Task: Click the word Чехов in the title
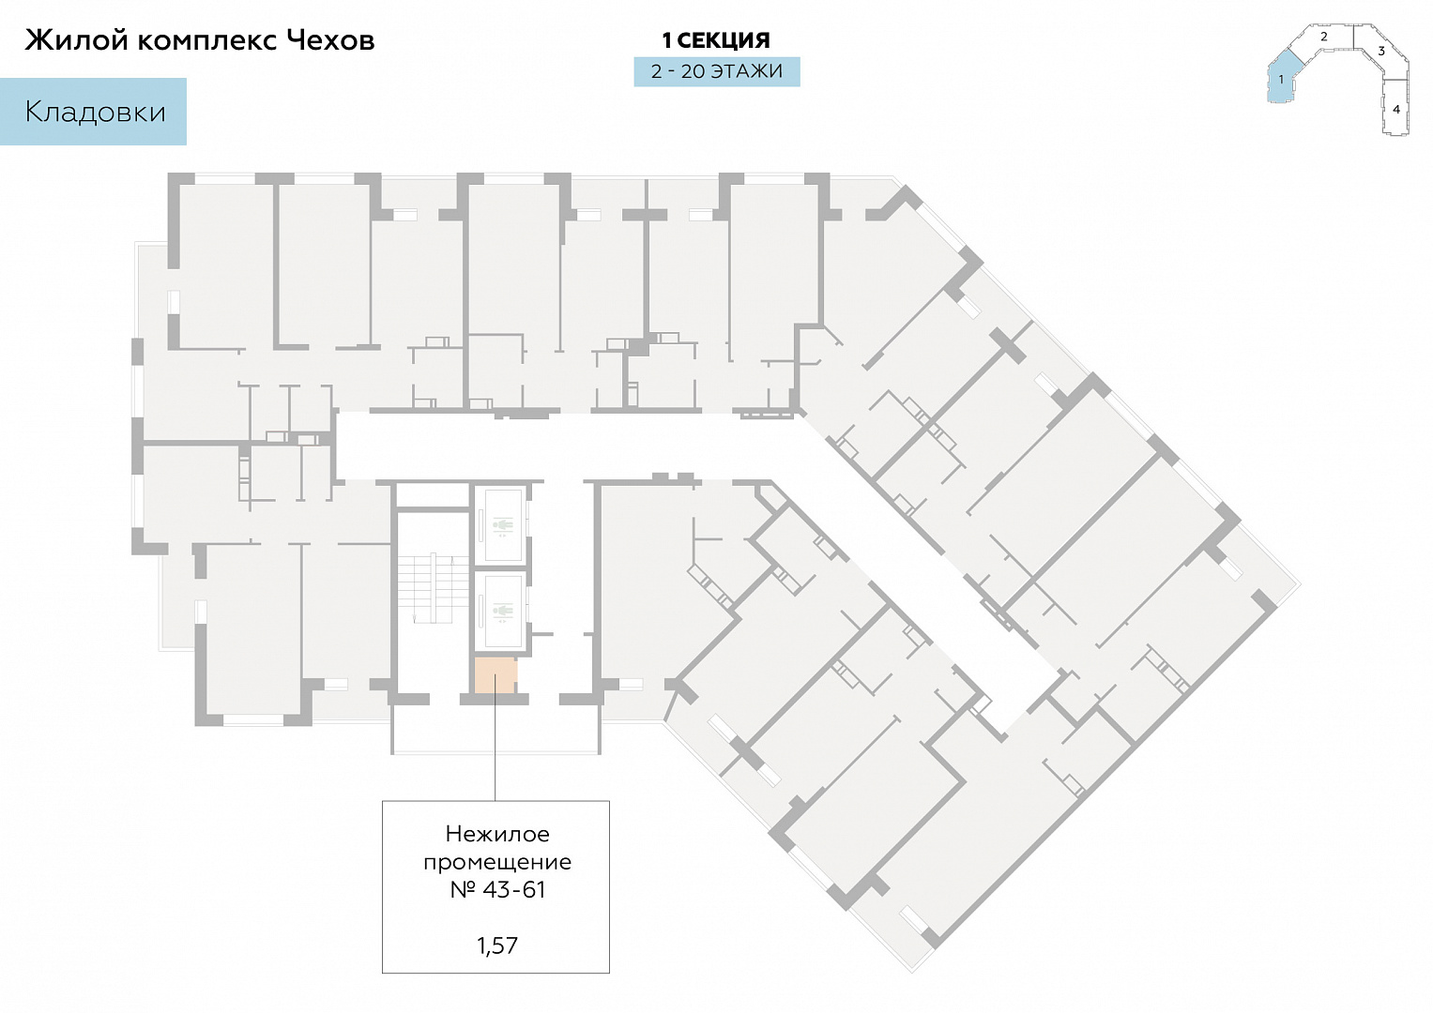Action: tap(330, 40)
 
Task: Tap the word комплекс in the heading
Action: tap(206, 41)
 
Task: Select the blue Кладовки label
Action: tap(94, 112)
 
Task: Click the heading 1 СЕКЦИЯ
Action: tap(716, 40)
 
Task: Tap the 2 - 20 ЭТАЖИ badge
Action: tap(717, 71)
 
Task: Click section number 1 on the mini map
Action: tap(1281, 80)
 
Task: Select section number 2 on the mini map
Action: tap(1323, 37)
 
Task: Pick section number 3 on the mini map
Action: tap(1381, 51)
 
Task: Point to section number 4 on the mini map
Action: tap(1395, 110)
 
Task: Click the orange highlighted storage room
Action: tap(495, 675)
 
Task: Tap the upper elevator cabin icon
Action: tap(501, 525)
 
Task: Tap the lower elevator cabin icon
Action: tap(501, 611)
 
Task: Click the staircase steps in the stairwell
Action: tap(434, 588)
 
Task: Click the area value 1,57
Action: tap(497, 945)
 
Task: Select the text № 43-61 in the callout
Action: tap(497, 889)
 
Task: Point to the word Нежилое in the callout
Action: tap(497, 834)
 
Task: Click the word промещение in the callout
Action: tap(497, 862)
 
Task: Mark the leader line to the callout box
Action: tap(495, 747)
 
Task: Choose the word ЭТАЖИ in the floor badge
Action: tap(747, 71)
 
